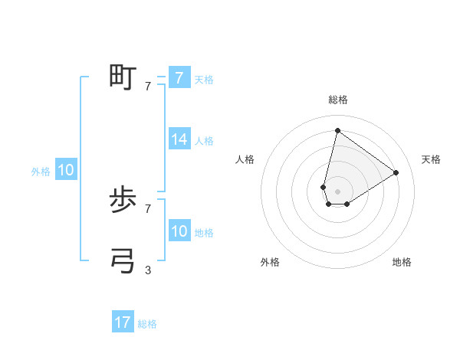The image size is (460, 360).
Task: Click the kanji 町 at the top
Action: [x=123, y=77]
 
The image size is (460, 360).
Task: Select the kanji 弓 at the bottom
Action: [x=123, y=261]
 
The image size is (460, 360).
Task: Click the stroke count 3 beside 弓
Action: [x=148, y=270]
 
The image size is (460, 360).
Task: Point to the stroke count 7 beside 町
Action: [x=148, y=87]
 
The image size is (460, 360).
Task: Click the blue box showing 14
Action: [x=179, y=140]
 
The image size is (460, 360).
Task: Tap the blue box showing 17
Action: [x=123, y=323]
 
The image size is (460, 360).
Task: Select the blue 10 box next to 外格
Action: [x=66, y=171]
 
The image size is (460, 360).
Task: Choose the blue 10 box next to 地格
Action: [x=179, y=232]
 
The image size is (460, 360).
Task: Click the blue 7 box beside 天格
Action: [x=179, y=78]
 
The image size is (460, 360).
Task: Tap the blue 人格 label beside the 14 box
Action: [x=204, y=141]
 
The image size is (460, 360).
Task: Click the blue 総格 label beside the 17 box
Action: [x=147, y=324]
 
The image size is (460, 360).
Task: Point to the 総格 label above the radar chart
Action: [x=337, y=100]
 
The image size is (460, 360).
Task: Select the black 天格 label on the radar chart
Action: [x=431, y=159]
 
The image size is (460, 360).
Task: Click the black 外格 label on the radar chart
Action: [x=270, y=262]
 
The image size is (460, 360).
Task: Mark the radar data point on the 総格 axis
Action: [x=337, y=130]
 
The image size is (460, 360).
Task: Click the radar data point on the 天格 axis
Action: [x=396, y=172]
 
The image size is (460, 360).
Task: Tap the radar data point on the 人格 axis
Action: [x=324, y=187]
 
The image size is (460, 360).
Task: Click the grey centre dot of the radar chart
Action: [x=337, y=191]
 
